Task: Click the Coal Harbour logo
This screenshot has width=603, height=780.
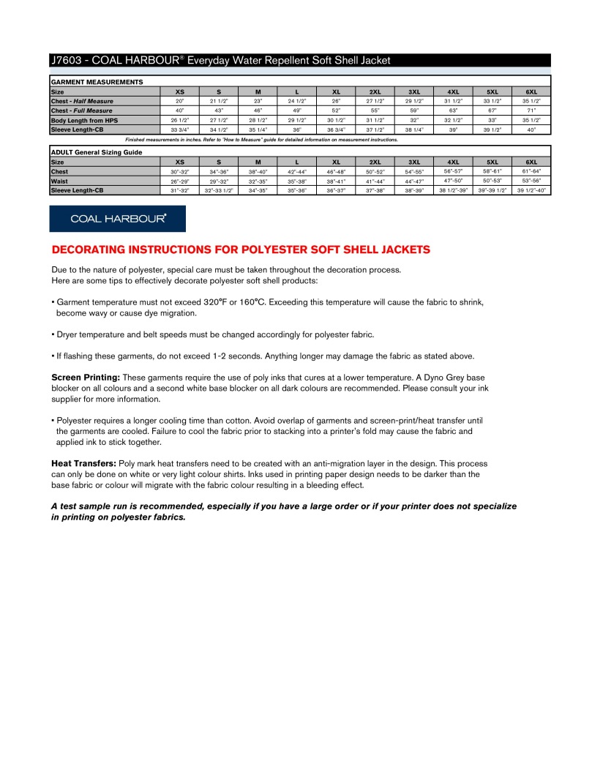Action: (117, 218)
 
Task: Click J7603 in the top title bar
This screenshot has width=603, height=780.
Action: (67, 61)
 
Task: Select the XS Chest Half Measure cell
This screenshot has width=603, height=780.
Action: (179, 101)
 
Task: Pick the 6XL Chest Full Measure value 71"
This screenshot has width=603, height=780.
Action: (532, 110)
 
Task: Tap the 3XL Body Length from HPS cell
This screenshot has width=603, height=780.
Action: (414, 120)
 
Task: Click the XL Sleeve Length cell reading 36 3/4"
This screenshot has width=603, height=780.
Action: (336, 130)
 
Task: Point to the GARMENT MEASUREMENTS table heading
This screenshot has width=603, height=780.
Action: (97, 82)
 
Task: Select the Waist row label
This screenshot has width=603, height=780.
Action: (59, 181)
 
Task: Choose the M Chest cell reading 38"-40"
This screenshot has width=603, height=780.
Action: (258, 171)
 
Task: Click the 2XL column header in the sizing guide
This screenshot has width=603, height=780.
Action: (375, 162)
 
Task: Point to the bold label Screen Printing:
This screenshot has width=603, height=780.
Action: (86, 377)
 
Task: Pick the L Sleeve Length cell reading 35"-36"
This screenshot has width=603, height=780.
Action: (296, 190)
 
